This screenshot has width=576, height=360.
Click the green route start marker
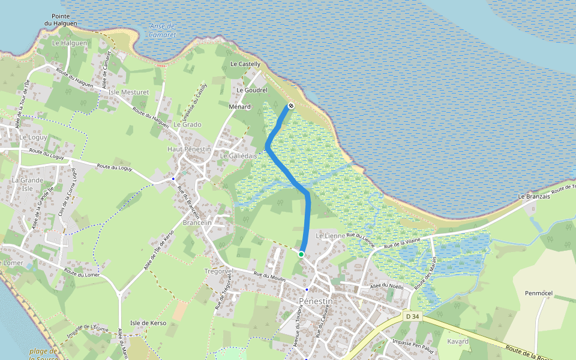(x=301, y=254)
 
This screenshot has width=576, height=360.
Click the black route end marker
(x=291, y=106)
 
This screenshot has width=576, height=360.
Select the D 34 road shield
(x=411, y=316)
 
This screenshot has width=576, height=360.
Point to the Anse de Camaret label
(x=162, y=31)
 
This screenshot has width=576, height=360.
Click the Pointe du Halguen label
(x=61, y=20)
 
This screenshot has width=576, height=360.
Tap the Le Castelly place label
(x=245, y=64)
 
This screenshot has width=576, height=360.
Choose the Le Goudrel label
(x=252, y=90)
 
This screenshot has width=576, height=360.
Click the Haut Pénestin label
(x=189, y=149)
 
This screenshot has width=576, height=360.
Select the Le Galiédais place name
(x=238, y=156)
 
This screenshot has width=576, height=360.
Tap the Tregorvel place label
(x=218, y=271)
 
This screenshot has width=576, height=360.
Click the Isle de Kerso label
(x=148, y=323)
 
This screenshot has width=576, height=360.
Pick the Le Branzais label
(x=534, y=197)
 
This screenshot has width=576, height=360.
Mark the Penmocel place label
(x=542, y=294)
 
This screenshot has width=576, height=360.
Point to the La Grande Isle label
(x=28, y=184)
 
